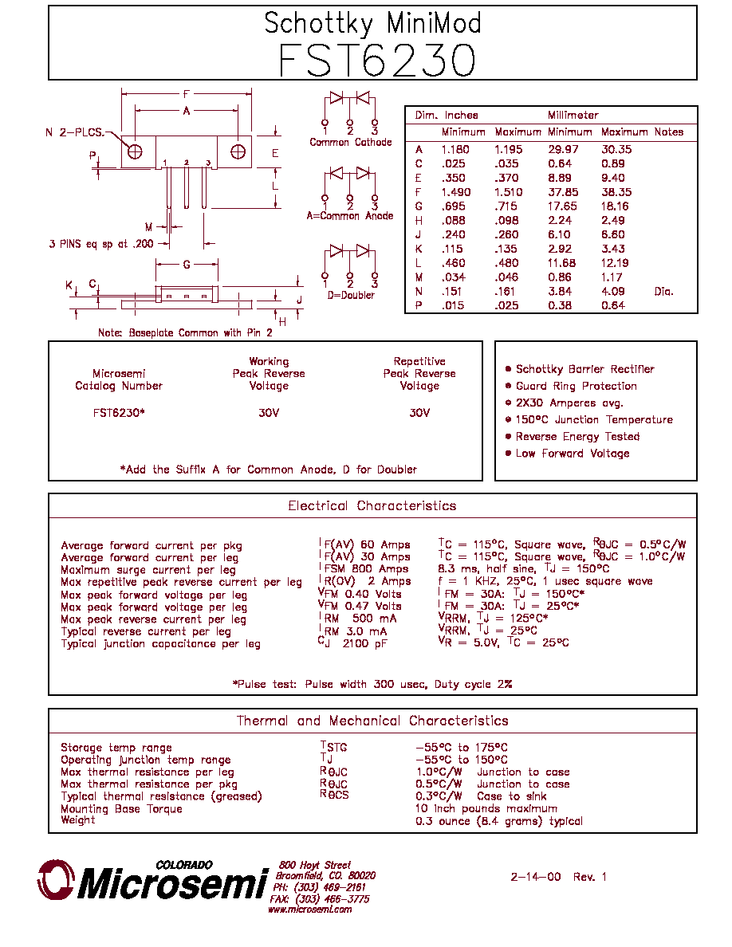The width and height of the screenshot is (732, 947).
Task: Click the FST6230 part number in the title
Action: coord(377,61)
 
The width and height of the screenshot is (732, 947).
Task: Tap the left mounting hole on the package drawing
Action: coord(136,151)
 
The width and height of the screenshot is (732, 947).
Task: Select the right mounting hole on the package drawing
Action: coord(238,151)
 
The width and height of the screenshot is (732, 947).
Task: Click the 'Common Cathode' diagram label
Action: coord(350,142)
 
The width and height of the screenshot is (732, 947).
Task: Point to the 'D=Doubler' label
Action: coord(351,295)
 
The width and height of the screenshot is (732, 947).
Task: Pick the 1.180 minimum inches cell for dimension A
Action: coord(455,150)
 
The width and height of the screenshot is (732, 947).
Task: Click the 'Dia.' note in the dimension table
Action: coord(663,292)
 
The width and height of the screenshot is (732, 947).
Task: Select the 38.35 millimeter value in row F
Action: coord(616,192)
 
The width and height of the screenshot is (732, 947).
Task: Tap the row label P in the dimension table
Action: coord(419,305)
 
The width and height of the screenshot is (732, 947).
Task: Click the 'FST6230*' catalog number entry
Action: coord(119,413)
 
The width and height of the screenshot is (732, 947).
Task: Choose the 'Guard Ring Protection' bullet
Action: coord(577,386)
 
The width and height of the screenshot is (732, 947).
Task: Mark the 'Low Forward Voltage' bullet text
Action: coord(573,454)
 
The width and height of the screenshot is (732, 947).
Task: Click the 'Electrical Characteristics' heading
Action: coord(372,505)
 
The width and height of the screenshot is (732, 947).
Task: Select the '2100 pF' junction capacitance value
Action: coord(364,644)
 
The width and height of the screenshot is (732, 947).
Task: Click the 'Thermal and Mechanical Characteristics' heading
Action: coord(372,721)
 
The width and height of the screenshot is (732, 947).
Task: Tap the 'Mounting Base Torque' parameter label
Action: coord(121,808)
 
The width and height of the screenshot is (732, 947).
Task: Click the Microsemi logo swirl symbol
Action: coord(56,879)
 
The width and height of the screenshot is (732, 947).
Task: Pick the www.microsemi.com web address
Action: coord(310,909)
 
